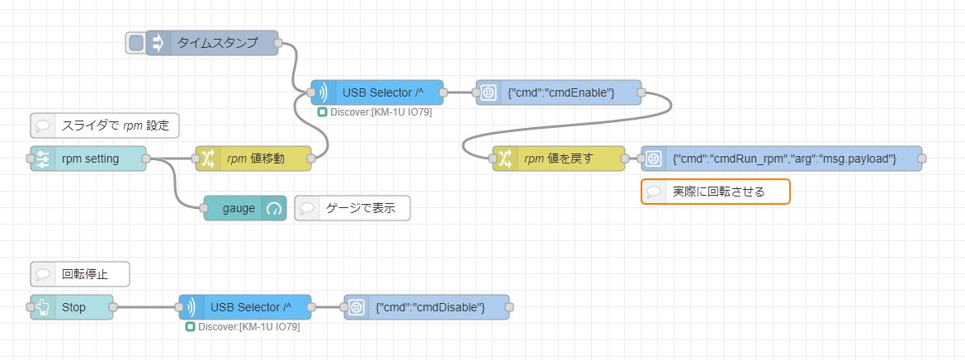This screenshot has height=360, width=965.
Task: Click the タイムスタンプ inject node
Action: [211, 43]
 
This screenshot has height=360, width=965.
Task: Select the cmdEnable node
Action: [559, 92]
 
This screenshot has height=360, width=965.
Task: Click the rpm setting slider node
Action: [88, 159]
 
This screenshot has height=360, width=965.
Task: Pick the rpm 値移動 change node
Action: [253, 159]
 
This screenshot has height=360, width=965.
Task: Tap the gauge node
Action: [245, 209]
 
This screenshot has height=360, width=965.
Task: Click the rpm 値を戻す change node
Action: [559, 159]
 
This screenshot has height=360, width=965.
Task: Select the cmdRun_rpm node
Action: [782, 159]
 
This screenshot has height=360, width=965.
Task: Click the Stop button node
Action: [72, 306]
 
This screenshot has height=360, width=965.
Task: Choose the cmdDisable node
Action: [427, 306]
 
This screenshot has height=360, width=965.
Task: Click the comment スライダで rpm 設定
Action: [105, 126]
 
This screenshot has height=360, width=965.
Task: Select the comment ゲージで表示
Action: [352, 209]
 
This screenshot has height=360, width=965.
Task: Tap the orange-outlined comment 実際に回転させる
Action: [715, 192]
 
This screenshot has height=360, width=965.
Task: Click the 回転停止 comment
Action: [80, 274]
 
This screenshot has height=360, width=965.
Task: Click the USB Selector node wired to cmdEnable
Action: [377, 92]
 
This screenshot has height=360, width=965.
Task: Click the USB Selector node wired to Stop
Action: [245, 306]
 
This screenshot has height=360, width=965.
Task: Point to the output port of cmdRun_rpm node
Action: [922, 159]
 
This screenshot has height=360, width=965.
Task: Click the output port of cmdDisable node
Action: [509, 306]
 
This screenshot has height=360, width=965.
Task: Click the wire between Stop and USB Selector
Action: [146, 306]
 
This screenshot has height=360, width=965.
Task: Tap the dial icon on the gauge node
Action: [272, 209]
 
